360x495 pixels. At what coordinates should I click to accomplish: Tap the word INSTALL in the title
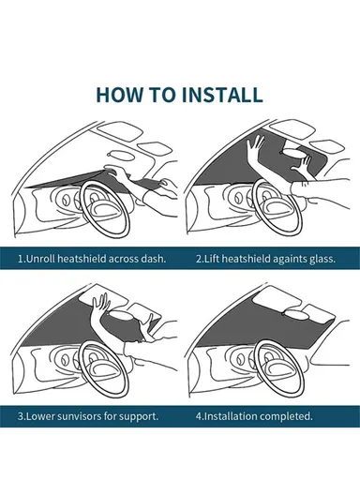[222, 95]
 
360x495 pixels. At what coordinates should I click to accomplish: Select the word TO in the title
[168, 95]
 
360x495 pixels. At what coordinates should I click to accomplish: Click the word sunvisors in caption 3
[81, 415]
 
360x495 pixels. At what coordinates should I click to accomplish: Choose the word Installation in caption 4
[232, 415]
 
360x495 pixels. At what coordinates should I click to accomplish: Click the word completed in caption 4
[289, 415]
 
